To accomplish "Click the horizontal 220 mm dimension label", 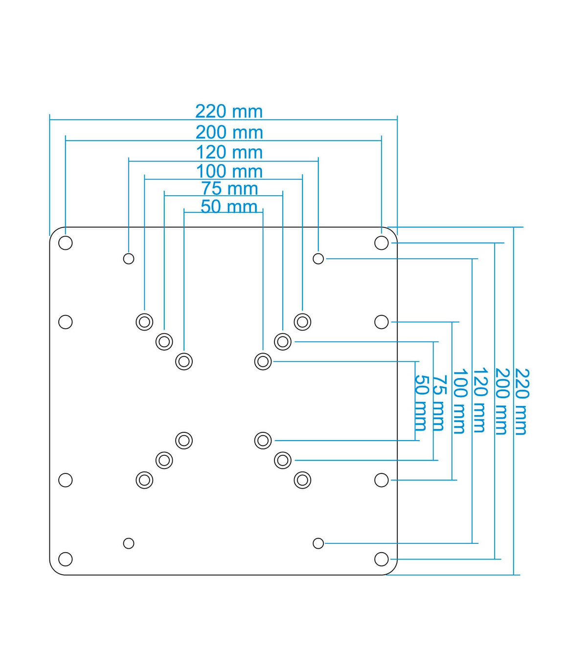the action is [x=229, y=112].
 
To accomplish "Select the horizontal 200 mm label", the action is [x=229, y=133].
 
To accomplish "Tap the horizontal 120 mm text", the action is [x=229, y=153].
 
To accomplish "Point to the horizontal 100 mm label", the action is [x=229, y=172].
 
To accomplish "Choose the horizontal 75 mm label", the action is [x=229, y=189].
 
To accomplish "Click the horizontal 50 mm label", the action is [x=229, y=206].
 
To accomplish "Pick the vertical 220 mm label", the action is [x=522, y=402].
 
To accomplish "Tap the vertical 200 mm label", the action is [x=501, y=402].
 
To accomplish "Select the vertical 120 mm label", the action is [x=480, y=401].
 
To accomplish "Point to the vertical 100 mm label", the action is [x=460, y=401].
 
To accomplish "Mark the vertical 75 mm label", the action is [x=439, y=403].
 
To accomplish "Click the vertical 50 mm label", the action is [x=421, y=403].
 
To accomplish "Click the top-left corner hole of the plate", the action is [x=65, y=243].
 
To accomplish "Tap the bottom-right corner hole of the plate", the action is [x=382, y=559].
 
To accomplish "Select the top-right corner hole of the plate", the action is [x=382, y=243].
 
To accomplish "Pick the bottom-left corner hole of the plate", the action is [x=65, y=559].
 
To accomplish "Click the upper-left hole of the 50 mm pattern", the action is [x=184, y=361].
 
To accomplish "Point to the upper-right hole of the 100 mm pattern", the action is [x=302, y=322].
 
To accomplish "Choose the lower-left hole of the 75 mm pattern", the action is [x=164, y=460].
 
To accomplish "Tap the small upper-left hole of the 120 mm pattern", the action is [x=129, y=259].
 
